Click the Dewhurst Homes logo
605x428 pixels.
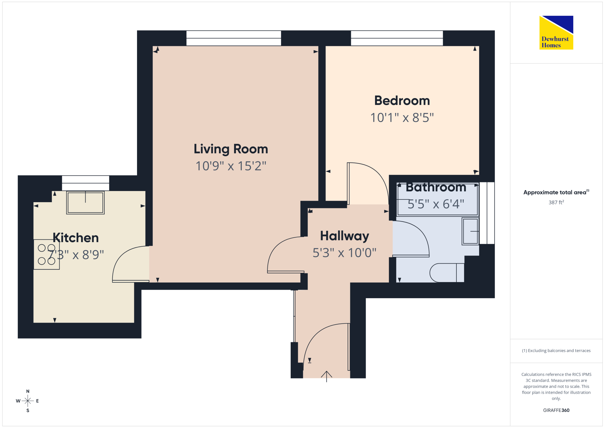pos(556,32)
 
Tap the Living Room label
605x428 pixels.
pos(231,149)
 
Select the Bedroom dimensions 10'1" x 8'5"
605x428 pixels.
pos(402,118)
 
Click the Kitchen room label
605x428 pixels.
pos(76,238)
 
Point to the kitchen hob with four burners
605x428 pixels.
pos(47,254)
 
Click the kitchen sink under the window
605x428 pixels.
pos(85,202)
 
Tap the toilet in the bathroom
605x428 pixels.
pos(447,273)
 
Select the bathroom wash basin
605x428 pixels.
pos(470,231)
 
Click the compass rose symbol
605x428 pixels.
pos(28,401)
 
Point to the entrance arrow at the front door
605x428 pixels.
pos(326,376)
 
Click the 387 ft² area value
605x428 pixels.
pos(556,202)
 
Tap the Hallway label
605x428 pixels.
pos(345,236)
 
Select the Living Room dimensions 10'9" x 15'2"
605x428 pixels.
pos(231,166)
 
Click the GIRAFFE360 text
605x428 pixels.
pos(556,410)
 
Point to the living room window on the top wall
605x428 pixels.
pos(234,38)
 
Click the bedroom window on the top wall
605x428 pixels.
pos(397,38)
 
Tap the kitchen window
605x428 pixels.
pos(86,183)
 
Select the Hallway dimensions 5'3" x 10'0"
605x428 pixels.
pos(345,253)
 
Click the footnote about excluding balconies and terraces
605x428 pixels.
pos(556,351)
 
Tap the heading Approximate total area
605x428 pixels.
pos(556,192)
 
